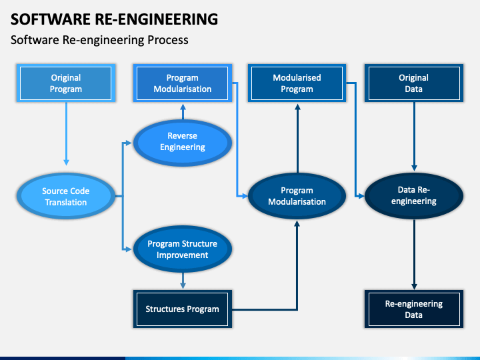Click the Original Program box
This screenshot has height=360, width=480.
(x=66, y=83)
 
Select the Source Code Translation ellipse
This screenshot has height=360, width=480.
(x=66, y=196)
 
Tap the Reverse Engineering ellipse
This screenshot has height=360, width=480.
(x=183, y=143)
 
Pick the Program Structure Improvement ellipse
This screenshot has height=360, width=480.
(x=183, y=249)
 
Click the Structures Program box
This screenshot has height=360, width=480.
(x=183, y=309)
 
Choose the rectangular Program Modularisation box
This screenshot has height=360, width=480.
(x=183, y=83)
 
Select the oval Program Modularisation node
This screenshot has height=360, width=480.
(x=297, y=196)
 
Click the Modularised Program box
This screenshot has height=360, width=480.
(x=297, y=83)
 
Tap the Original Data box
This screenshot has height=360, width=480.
(x=414, y=83)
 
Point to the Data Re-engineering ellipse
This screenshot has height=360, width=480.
(x=414, y=196)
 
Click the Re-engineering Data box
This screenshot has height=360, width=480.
(x=414, y=309)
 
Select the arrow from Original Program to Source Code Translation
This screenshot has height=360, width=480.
(x=66, y=134)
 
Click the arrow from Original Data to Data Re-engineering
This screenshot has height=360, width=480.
(x=414, y=137)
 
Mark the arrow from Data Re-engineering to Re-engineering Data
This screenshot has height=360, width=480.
(x=414, y=255)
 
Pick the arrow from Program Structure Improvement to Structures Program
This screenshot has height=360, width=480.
(x=183, y=281)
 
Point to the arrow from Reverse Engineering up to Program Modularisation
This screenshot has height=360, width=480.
(x=183, y=111)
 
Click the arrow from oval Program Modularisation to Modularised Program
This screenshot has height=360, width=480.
(x=297, y=139)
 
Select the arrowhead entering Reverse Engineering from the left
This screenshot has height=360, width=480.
(x=129, y=143)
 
